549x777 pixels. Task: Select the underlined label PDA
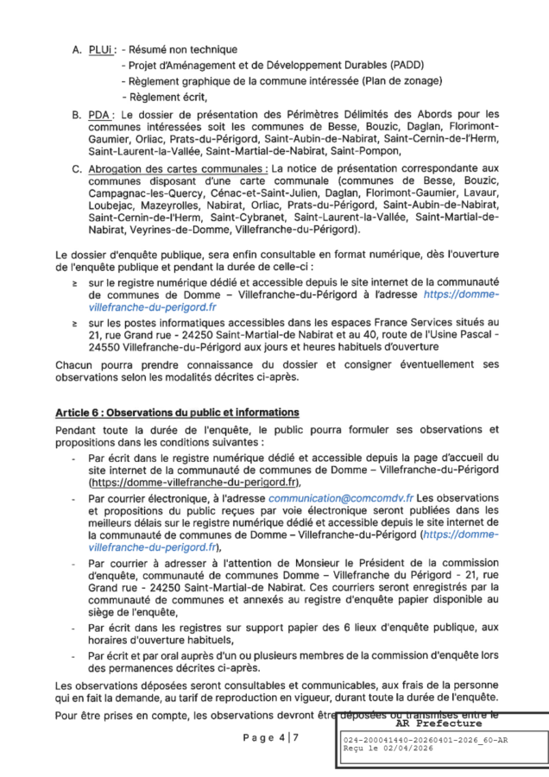(x=101, y=114)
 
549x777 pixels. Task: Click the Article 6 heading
(x=177, y=412)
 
